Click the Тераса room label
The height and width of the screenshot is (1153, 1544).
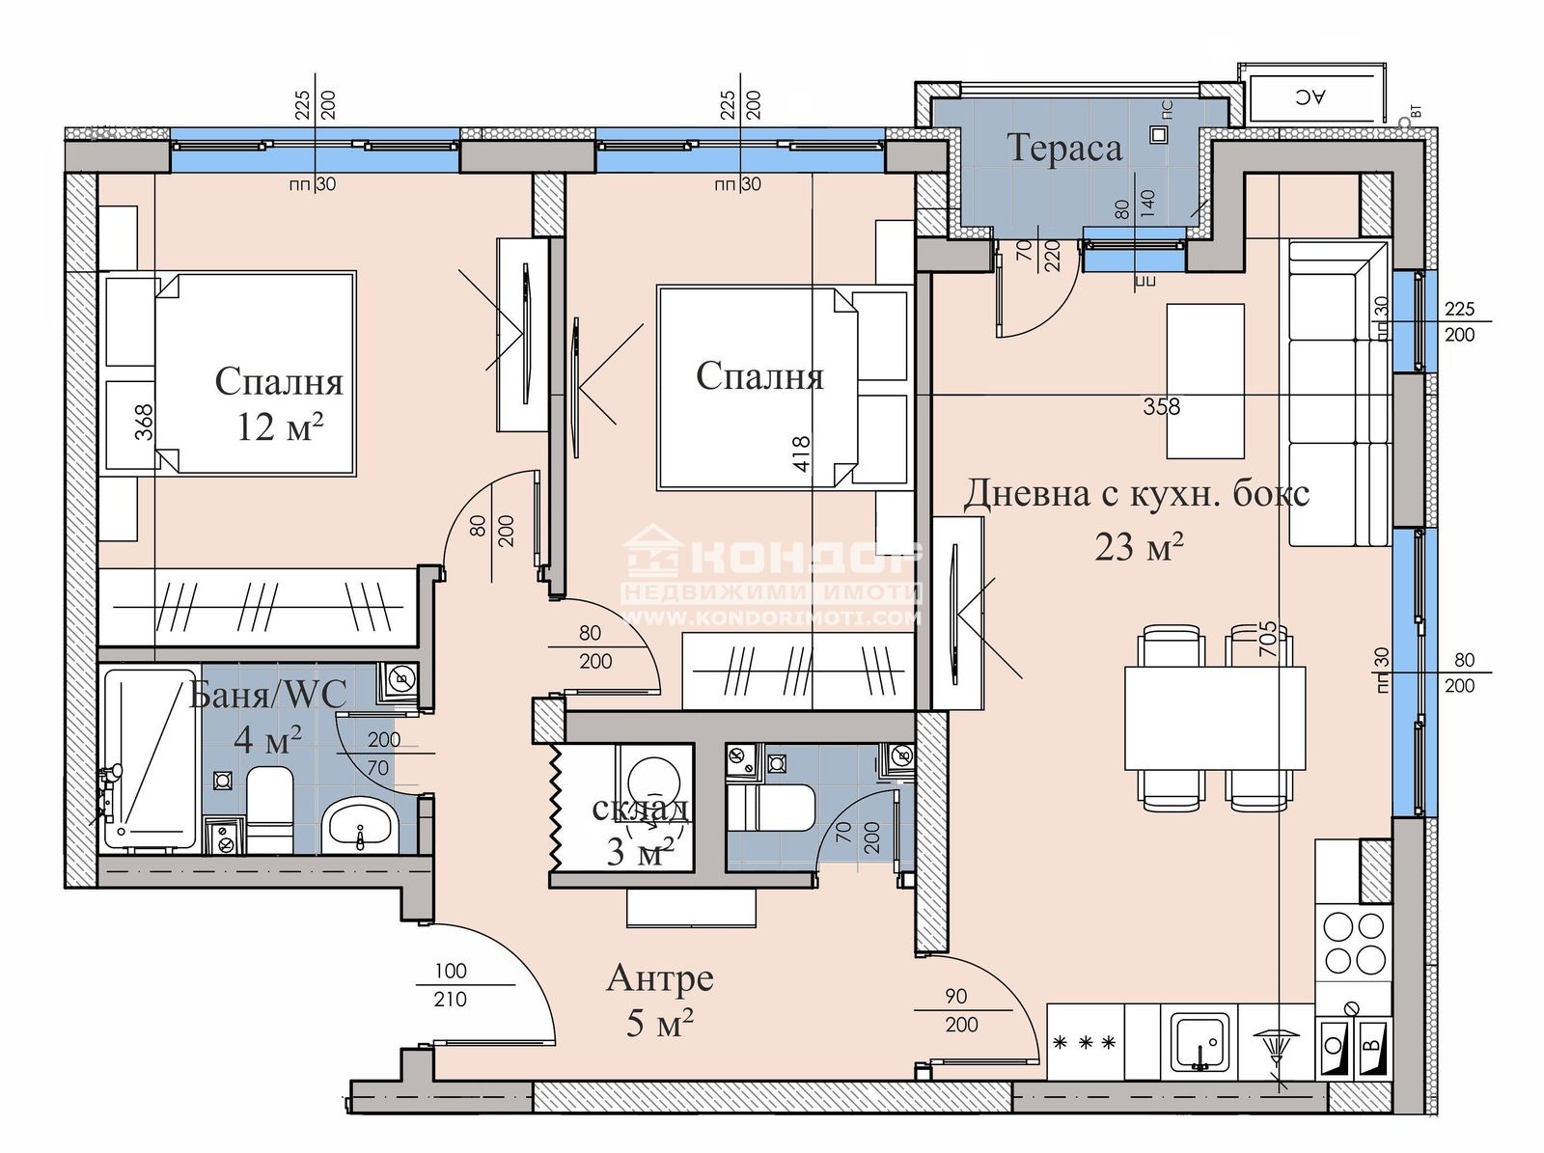coord(1064,148)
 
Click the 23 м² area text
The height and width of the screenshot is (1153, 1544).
coord(1139,547)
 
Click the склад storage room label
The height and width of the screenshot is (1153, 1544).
coord(640,809)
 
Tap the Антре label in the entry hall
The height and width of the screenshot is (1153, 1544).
coord(660,977)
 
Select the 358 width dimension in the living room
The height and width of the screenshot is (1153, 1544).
coord(1161,406)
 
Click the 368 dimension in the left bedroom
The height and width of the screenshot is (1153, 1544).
coord(144,422)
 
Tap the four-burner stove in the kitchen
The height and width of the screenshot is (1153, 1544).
coord(1353,943)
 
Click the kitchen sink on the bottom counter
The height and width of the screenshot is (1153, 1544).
coord(1200,1043)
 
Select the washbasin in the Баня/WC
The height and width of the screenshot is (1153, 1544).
coord(360,826)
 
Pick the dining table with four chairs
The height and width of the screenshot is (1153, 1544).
coord(1215,717)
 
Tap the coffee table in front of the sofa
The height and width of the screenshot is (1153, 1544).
coord(1204,380)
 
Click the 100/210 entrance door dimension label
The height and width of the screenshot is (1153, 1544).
coord(450,985)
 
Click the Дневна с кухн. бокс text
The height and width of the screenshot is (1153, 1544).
coord(1137,493)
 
